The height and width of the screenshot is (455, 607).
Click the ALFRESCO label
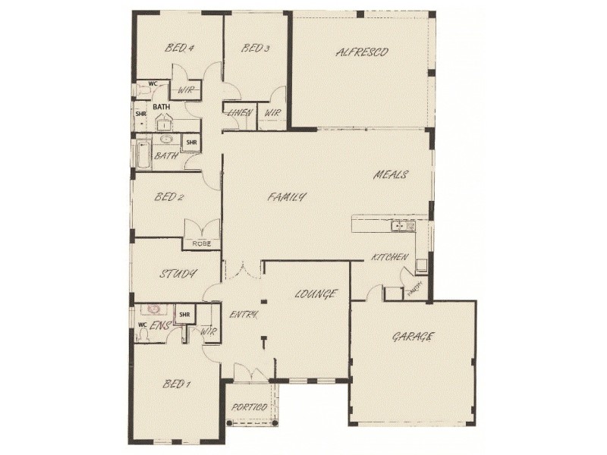[x=362, y=52]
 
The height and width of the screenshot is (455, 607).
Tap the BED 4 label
[x=181, y=49]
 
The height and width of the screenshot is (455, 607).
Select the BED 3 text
[x=256, y=49]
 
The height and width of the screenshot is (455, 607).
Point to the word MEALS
[x=391, y=175]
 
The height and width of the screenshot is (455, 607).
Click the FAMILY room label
[x=288, y=197]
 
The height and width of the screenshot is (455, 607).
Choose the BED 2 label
[x=169, y=197]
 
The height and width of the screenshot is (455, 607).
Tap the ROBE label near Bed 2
[x=200, y=243]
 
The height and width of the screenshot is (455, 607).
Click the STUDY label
[x=178, y=274]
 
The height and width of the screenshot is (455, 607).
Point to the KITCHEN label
[x=389, y=259]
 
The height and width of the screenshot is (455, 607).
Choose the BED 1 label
[x=176, y=384]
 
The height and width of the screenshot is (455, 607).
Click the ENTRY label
[x=244, y=314]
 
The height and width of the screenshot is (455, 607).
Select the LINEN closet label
[x=239, y=113]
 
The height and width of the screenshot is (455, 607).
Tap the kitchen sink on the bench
[x=398, y=225]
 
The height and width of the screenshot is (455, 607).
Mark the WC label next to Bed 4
[x=153, y=83]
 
